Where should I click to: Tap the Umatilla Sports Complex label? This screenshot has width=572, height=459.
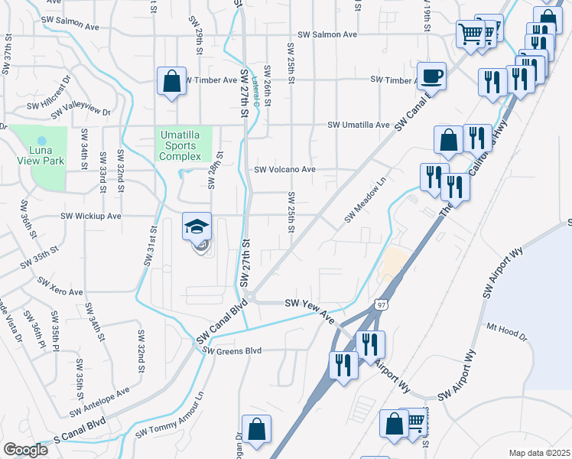pyautogui.click(x=184, y=145)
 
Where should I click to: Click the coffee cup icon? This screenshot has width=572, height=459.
pyautogui.click(x=431, y=75)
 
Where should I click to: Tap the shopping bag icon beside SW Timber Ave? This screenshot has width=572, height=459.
pyautogui.click(x=172, y=81)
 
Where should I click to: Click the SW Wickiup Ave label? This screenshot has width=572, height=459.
pyautogui.click(x=92, y=216)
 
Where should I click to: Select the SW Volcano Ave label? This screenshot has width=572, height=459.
pyautogui.click(x=284, y=170)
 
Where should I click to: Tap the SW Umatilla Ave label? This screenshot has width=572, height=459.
pyautogui.click(x=359, y=125)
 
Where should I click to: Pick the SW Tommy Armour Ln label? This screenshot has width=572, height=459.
pyautogui.click(x=171, y=417)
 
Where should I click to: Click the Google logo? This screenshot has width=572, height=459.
pyautogui.click(x=25, y=450)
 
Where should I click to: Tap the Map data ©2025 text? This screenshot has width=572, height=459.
pyautogui.click(x=539, y=453)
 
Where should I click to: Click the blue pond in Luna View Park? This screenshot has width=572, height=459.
pyautogui.click(x=42, y=142)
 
